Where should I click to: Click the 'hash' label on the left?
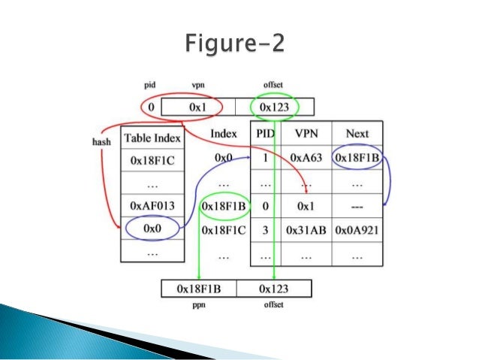pos(101,141)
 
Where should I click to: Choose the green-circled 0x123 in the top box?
pos(275,107)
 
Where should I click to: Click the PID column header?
pos(264,134)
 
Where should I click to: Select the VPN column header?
pos(306,134)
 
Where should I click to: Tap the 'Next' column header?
pos(357,134)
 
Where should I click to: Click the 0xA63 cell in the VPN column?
pos(306,159)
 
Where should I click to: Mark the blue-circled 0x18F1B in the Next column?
pos(357,159)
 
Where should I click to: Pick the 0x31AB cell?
pos(306,231)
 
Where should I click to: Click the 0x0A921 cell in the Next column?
pos(357,231)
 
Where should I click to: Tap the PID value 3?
pos(264,231)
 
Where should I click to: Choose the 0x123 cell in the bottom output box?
pos(275,288)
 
